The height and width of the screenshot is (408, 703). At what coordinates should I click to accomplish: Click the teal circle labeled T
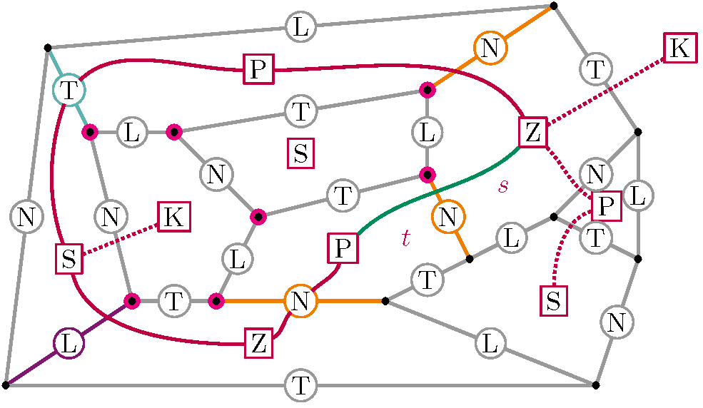[69, 90]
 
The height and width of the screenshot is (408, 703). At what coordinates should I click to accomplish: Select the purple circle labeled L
[69, 344]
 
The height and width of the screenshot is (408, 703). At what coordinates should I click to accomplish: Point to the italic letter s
[503, 186]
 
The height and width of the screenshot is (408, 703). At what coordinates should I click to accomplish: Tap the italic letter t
[405, 239]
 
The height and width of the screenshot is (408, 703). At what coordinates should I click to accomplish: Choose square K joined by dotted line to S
[174, 216]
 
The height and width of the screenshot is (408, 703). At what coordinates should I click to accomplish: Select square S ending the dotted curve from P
[554, 300]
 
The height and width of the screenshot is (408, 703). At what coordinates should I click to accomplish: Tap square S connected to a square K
[69, 258]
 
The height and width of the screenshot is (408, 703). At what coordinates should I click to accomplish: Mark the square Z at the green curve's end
[532, 133]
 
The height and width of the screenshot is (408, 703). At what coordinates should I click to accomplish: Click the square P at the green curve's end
[343, 248]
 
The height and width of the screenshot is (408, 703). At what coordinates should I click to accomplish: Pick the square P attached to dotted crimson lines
[606, 207]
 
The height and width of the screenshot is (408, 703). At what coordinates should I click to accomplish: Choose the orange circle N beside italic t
[448, 216]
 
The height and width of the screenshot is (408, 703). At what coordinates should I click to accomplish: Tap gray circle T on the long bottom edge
[300, 386]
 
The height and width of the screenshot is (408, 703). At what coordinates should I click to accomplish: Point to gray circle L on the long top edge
[300, 28]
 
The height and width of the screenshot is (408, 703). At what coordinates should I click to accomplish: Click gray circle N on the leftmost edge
[26, 216]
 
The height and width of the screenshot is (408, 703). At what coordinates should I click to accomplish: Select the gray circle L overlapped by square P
[637, 194]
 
